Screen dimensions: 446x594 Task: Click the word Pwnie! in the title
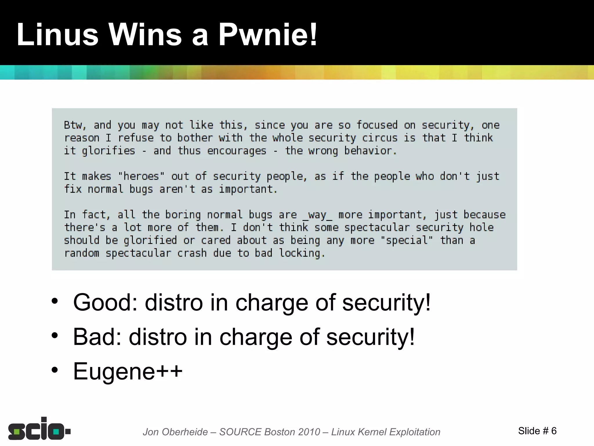point(267,35)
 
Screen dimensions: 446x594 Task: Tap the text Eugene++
point(128,371)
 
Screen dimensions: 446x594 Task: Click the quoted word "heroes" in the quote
point(141,176)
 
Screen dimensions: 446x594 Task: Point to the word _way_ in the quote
point(317,215)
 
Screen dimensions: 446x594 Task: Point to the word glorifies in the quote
point(108,151)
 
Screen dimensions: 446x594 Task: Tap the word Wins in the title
point(145,35)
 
